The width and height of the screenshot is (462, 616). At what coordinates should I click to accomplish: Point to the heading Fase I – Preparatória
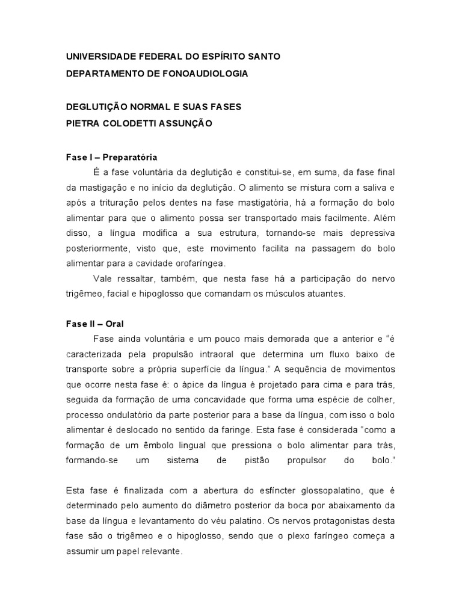pos(111,157)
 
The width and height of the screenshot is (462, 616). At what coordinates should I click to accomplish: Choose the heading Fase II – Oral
pos(94,324)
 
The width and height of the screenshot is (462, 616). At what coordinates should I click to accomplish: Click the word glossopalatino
pos(334,491)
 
